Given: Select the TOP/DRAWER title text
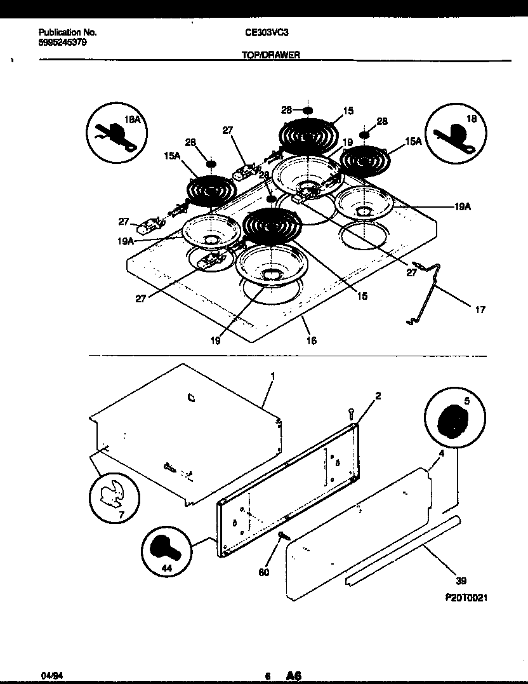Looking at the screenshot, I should click(x=270, y=55).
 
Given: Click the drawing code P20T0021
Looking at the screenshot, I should click(x=466, y=598).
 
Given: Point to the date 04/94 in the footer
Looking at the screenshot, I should click(x=49, y=677).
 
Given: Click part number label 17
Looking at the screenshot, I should click(x=480, y=310).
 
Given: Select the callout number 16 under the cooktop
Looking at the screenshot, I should click(x=311, y=340).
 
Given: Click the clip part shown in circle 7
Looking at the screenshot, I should click(x=114, y=493).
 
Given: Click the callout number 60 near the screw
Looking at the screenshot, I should click(x=264, y=572).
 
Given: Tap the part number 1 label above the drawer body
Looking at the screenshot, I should click(x=272, y=377).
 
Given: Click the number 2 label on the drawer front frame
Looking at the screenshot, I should click(x=378, y=396).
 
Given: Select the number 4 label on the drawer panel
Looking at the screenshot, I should click(x=440, y=453).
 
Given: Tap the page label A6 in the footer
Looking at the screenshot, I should click(x=294, y=676).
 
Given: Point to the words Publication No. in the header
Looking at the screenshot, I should click(x=67, y=32).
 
